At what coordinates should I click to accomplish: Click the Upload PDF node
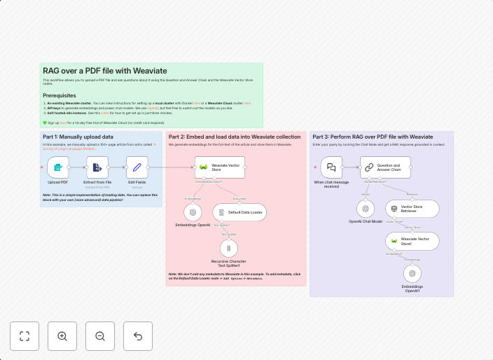click(58, 167)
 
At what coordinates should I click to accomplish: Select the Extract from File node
click(97, 167)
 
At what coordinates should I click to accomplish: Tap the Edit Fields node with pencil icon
click(137, 167)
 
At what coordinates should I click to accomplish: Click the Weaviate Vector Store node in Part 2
click(215, 167)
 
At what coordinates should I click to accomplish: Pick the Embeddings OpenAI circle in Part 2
click(193, 212)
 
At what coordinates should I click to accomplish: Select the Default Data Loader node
click(239, 212)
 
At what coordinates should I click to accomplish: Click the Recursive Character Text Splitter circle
click(229, 248)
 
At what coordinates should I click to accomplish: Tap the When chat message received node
click(331, 167)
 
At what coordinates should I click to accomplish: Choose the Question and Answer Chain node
click(386, 167)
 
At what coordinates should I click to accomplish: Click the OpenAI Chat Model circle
click(365, 209)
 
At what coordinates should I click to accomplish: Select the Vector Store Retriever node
click(412, 209)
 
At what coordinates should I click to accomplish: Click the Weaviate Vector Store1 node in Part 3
click(412, 241)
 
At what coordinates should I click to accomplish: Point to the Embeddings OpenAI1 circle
click(412, 274)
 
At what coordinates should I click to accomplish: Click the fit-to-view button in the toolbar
click(25, 336)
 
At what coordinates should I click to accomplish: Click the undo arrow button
click(138, 336)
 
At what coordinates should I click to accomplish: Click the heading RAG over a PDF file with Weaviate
click(105, 71)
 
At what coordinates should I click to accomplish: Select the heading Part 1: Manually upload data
click(78, 137)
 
